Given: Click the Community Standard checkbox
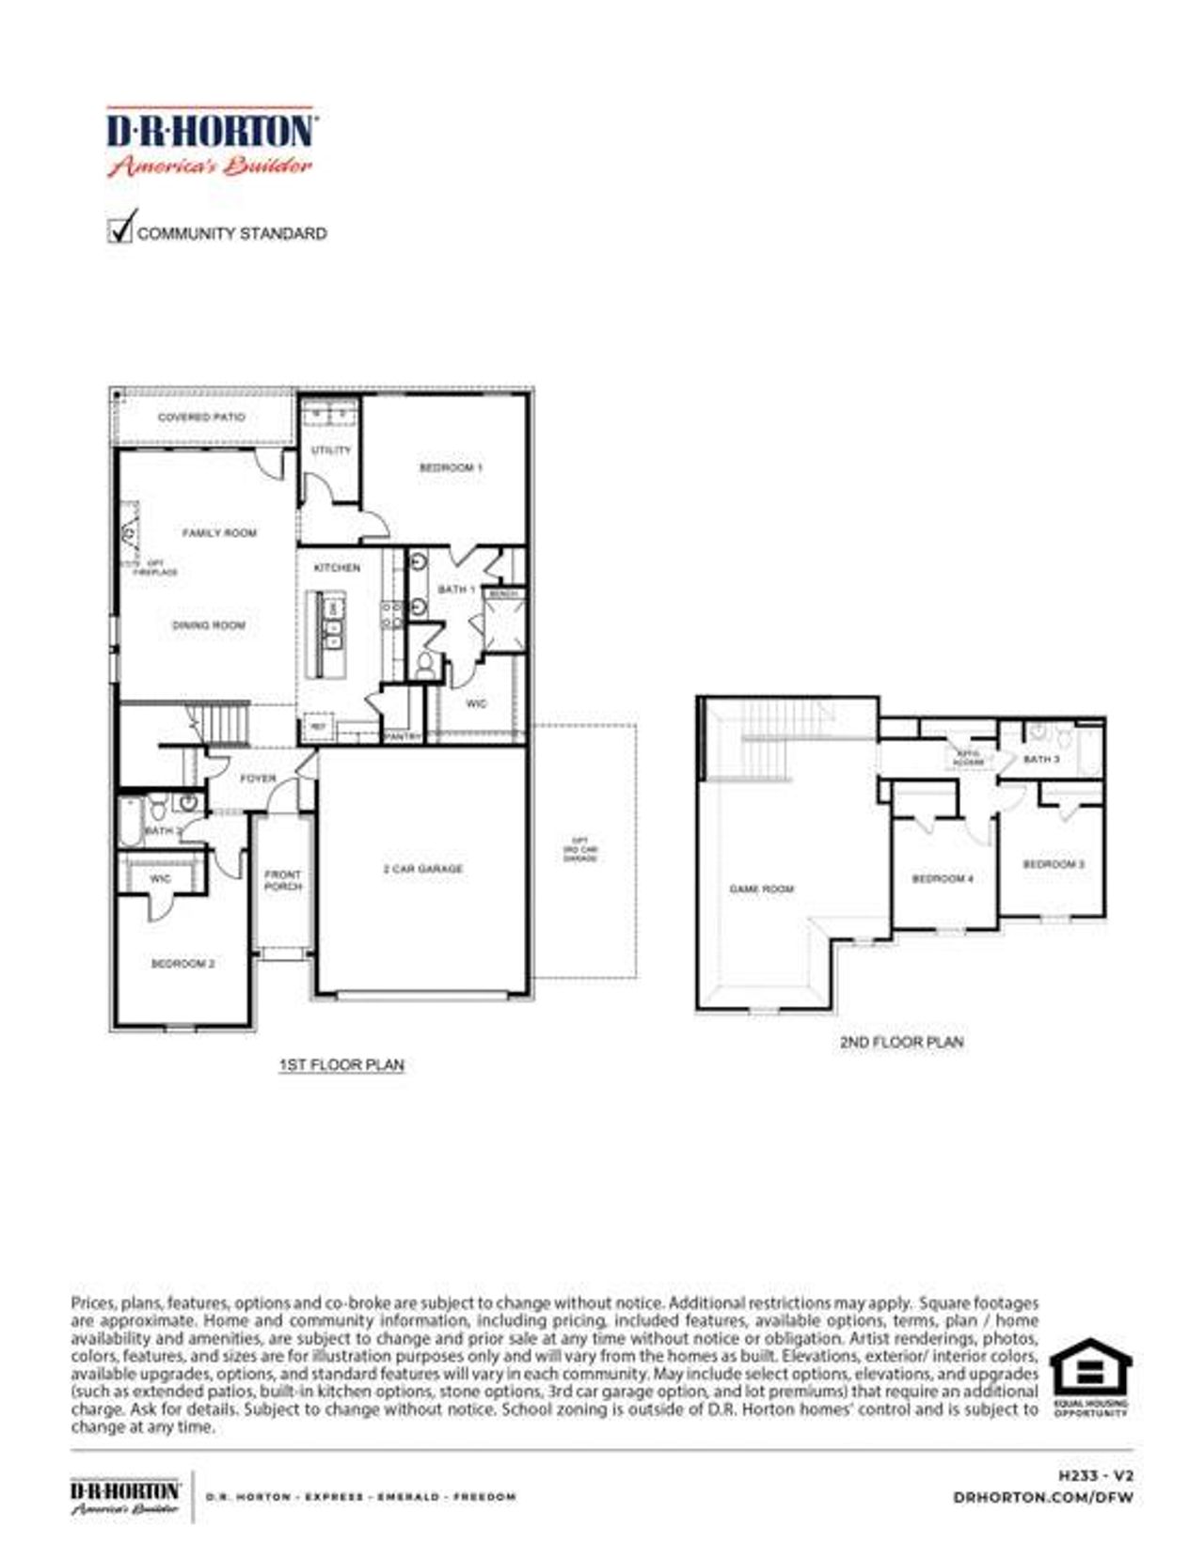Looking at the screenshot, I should click(x=120, y=229).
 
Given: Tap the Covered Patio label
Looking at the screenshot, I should click(x=201, y=417).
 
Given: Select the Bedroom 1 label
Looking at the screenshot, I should click(x=451, y=467).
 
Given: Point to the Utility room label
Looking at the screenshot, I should click(x=331, y=450).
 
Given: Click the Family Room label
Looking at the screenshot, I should click(x=219, y=533).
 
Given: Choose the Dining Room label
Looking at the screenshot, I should click(x=209, y=625).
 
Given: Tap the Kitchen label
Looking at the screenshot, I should click(x=337, y=568).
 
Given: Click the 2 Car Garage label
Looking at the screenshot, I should click(x=423, y=869).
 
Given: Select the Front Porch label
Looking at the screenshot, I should click(x=283, y=880).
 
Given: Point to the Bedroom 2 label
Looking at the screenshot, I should click(x=183, y=964).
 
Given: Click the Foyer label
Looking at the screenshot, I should click(x=258, y=779).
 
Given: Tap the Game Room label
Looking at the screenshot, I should click(x=762, y=889).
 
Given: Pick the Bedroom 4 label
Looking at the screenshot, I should click(x=943, y=879).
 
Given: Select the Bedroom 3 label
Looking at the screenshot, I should click(x=1053, y=864).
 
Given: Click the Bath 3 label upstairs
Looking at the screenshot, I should click(x=1041, y=759).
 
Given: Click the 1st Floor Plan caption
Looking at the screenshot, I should click(x=341, y=1064).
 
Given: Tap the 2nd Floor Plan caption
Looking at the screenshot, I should click(x=901, y=1042).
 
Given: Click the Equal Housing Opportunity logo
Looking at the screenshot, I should click(x=1090, y=1377).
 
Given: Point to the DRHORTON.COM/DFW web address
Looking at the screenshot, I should click(x=1043, y=1497).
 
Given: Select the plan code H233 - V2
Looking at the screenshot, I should click(x=1096, y=1476).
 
